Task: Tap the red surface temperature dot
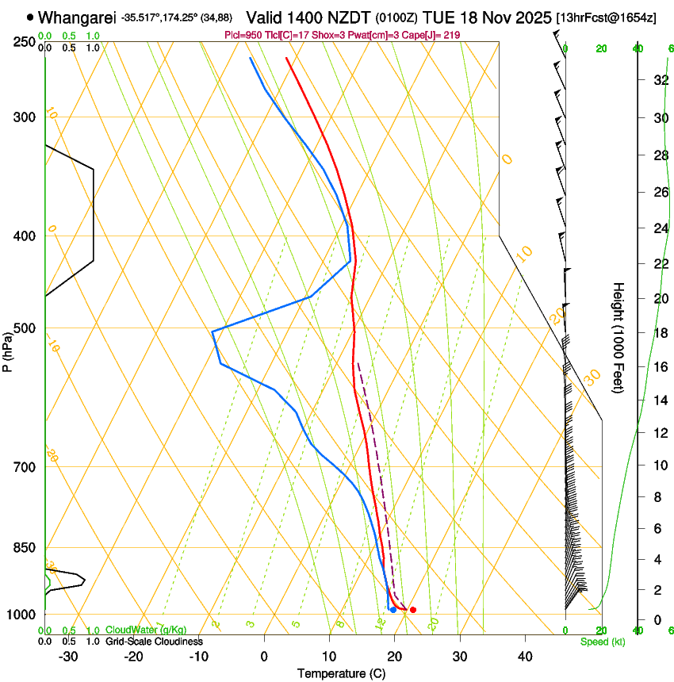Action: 412,610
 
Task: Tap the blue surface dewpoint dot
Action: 393,610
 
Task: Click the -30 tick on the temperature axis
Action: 68,657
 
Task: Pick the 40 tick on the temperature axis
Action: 525,657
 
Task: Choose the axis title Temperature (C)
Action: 340,673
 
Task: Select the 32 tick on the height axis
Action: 660,80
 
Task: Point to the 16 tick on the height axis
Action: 660,367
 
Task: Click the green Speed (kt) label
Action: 602,642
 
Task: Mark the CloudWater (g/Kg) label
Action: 146,630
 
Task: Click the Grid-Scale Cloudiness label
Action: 154,642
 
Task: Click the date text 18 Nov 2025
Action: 503,17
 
